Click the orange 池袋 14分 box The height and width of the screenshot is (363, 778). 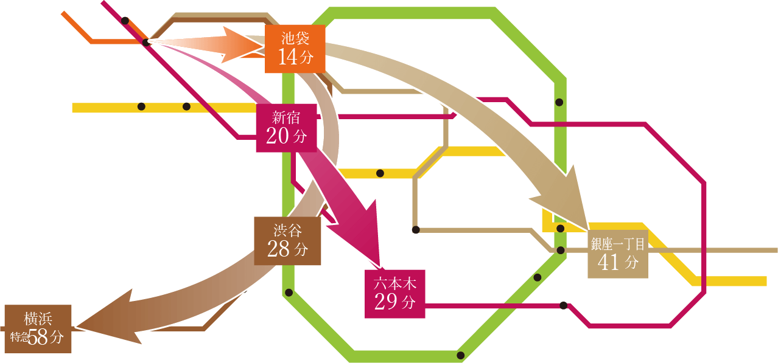pos(295,49)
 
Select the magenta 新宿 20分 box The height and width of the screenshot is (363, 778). pos(286,128)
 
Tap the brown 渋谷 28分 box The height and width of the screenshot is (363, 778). pos(287,241)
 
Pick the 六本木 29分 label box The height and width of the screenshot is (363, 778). pos(394,294)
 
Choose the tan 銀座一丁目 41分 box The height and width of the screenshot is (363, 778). pos(617,254)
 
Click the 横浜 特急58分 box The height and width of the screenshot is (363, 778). pos(38,329)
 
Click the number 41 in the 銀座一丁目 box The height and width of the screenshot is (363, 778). pos(609,262)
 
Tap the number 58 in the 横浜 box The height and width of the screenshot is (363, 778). pos(38,337)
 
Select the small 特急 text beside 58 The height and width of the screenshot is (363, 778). pos(19,337)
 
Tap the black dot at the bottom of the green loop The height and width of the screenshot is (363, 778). pos(460,355)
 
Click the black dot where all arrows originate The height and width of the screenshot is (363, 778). pos(146,42)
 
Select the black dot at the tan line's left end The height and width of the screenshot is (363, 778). pos(416,230)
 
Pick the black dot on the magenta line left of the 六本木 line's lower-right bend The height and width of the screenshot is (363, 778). pos(564,305)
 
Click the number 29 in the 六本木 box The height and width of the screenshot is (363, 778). pos(386,302)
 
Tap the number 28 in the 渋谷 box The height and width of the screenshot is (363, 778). pos(279,249)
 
